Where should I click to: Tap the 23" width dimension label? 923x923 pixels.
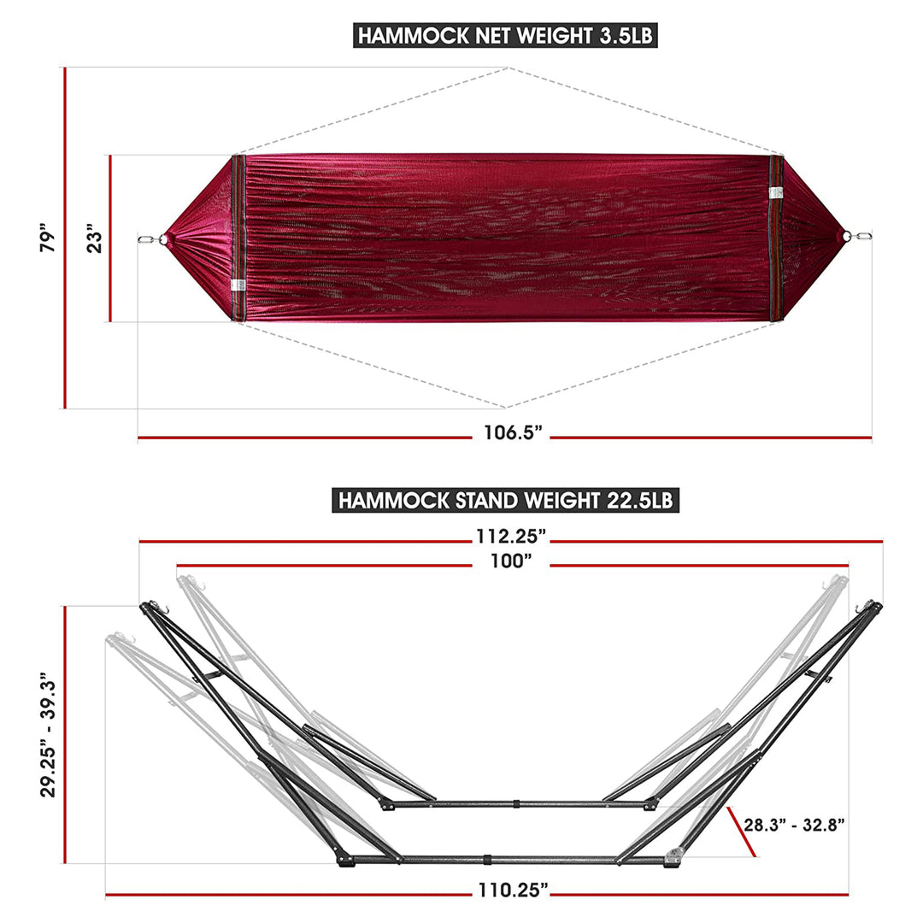tap(97, 238)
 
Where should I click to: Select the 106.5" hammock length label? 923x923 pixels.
tap(513, 432)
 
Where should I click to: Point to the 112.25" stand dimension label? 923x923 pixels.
tap(511, 536)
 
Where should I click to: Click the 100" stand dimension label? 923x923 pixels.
tap(511, 561)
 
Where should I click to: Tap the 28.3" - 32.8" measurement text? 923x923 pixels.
tap(794, 825)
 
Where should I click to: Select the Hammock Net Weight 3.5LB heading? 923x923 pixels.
tap(508, 36)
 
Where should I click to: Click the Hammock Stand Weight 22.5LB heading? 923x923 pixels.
tap(505, 500)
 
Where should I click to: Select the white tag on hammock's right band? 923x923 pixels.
tap(776, 193)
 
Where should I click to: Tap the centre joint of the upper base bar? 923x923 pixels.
tap(516, 804)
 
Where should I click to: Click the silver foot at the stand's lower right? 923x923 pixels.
tap(674, 855)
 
